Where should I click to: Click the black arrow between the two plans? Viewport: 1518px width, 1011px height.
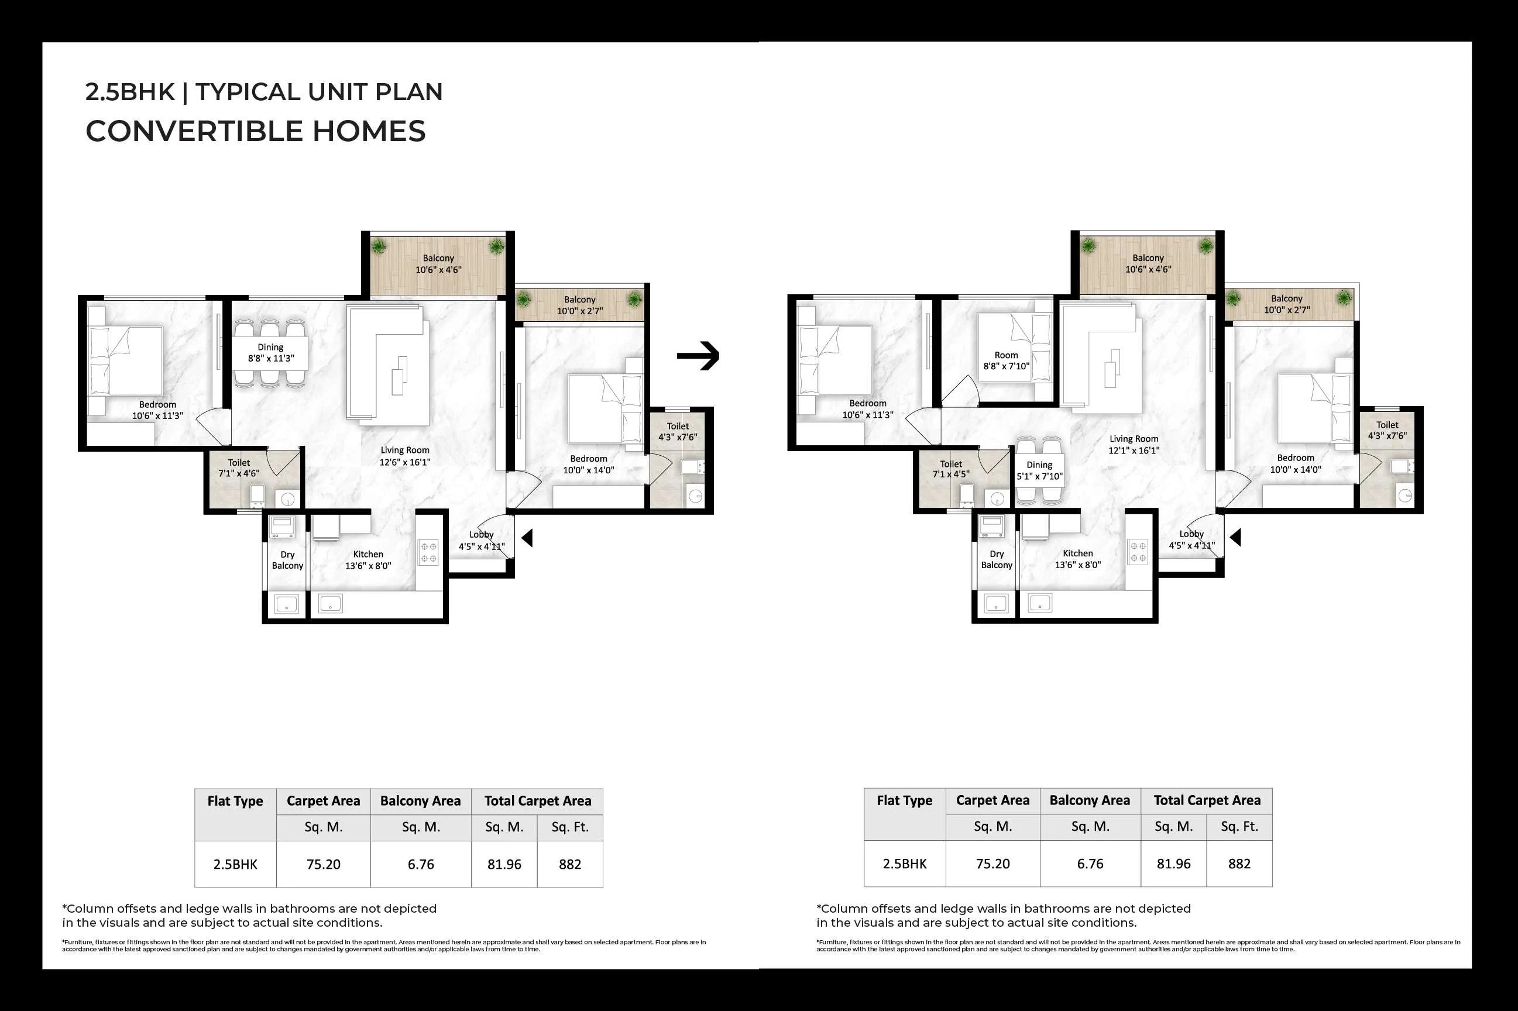click(x=698, y=356)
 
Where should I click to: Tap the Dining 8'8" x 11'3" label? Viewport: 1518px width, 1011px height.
click(x=271, y=353)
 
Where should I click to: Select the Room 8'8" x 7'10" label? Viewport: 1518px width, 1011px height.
click(x=1006, y=360)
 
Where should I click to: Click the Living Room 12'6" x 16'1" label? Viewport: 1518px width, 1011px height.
click(x=404, y=456)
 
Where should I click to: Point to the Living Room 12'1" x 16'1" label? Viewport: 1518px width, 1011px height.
click(x=1134, y=444)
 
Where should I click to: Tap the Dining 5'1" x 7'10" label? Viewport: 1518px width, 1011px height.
click(x=1039, y=470)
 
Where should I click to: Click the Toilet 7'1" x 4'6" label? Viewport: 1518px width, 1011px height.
click(x=239, y=468)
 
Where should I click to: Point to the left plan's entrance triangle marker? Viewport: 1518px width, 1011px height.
click(x=527, y=538)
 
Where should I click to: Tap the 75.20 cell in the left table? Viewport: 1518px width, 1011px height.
click(x=323, y=864)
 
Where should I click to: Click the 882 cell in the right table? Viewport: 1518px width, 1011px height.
click(x=1239, y=864)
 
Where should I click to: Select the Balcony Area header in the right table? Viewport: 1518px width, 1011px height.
click(x=1089, y=800)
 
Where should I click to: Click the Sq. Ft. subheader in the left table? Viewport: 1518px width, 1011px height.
click(x=569, y=827)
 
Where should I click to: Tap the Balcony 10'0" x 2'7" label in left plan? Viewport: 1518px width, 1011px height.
click(x=580, y=305)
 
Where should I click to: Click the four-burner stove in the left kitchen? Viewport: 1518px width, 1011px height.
click(x=429, y=552)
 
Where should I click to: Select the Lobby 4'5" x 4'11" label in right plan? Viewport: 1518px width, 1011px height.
click(x=1191, y=539)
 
